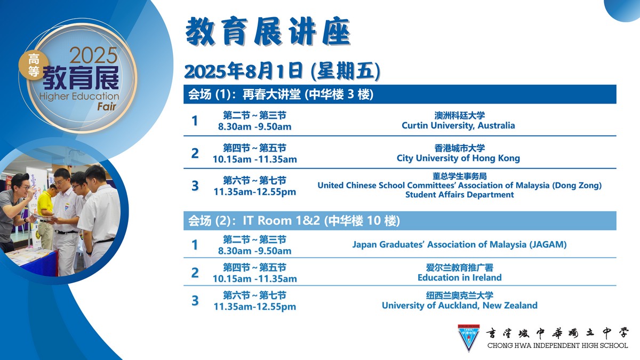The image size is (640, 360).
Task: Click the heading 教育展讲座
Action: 268,31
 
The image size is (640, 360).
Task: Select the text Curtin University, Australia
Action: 458,125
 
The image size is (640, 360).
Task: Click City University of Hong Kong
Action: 458,158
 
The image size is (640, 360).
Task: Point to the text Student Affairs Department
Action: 459,195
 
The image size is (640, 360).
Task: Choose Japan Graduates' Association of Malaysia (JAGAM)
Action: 459,245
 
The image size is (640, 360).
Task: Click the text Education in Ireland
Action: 459,277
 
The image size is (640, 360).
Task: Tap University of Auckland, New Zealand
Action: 459,306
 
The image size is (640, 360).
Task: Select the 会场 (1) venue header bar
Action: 399,94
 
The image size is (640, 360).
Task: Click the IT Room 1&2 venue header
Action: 399,221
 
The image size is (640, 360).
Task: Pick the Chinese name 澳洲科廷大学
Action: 459,115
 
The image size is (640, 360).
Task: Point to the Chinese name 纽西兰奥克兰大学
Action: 459,295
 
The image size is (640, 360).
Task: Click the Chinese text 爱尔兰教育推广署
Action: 459,268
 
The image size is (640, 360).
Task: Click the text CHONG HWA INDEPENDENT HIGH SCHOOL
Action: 557,346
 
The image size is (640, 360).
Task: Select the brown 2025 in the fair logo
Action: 93,55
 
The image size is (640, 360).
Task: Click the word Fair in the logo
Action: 107,107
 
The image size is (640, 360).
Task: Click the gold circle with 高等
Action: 34,66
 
